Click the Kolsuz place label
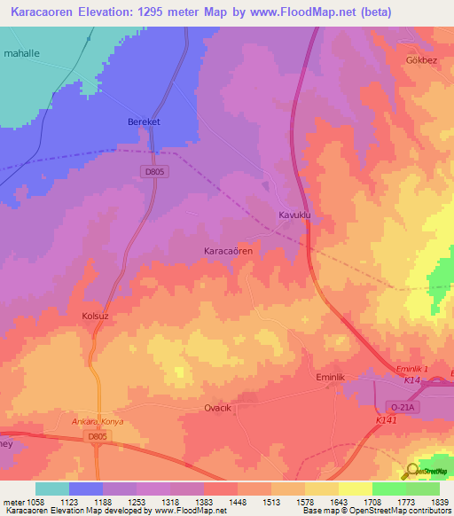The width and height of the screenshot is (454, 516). click(95, 316)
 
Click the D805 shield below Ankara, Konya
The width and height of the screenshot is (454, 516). click(98, 436)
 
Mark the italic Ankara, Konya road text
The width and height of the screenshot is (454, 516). click(98, 422)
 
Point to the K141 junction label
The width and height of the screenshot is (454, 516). click(386, 420)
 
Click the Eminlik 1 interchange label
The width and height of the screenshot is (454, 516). click(411, 368)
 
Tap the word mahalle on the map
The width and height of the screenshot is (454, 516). click(23, 54)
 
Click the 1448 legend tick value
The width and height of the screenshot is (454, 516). click(237, 501)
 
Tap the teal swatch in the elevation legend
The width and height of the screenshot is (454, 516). click(51, 489)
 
